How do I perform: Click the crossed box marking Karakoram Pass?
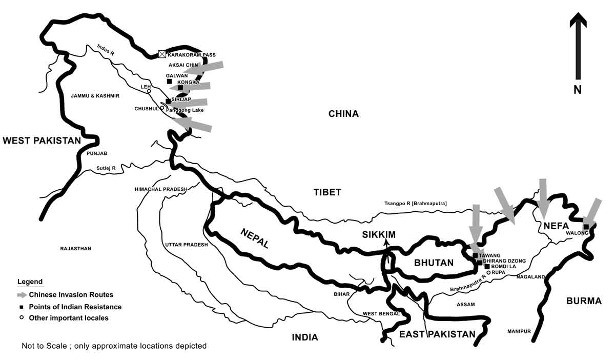[162, 54]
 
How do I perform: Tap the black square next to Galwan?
[169, 81]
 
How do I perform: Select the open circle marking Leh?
[149, 91]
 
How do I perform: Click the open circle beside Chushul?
[162, 108]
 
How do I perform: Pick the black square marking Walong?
[586, 227]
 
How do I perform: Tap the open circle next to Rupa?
[488, 273]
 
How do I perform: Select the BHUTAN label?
[434, 263]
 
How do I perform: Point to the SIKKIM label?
[379, 235]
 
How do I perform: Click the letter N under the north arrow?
[578, 89]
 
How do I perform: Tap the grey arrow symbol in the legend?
[22, 295]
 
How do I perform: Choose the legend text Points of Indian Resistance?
[75, 307]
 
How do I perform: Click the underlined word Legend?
[30, 282]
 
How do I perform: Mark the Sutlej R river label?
[106, 168]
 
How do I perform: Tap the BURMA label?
[584, 301]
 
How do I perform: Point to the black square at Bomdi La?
[487, 267]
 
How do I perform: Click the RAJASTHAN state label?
[75, 249]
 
